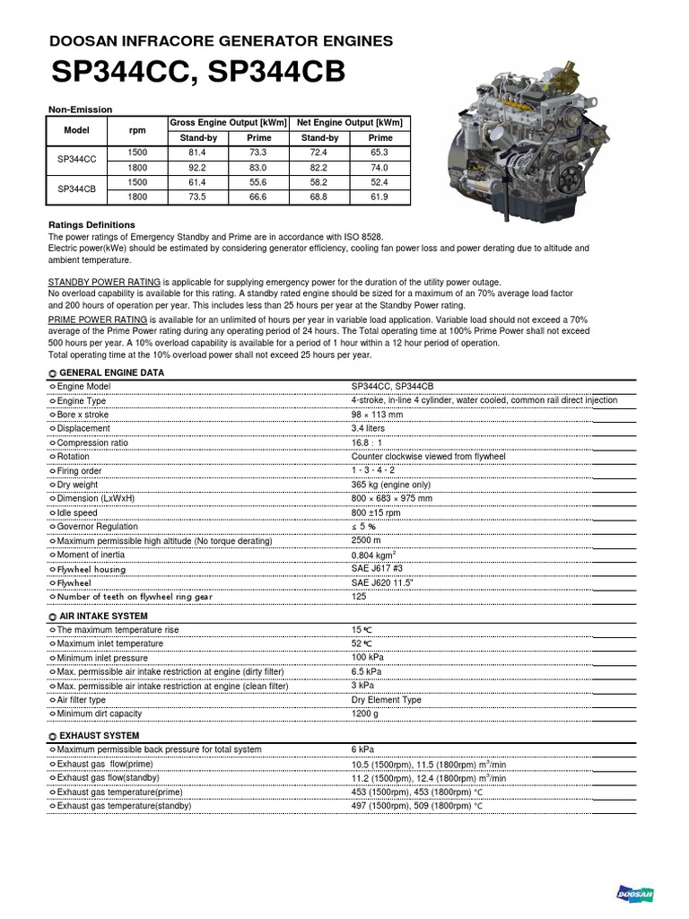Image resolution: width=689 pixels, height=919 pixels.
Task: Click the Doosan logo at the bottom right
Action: coord(635,893)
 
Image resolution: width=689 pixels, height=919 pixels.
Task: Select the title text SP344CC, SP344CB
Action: coord(196,72)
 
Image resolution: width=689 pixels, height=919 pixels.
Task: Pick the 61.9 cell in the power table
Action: coord(380,196)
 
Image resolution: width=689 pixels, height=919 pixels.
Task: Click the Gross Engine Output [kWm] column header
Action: coord(228,122)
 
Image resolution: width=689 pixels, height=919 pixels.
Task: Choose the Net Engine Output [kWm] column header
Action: coord(350,122)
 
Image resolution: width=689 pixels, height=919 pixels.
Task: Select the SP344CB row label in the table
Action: coord(77,188)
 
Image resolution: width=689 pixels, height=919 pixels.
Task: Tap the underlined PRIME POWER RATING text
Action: coord(97,319)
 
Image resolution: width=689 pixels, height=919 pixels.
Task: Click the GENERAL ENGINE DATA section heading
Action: coord(111,372)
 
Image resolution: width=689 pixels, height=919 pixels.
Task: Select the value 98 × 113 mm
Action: coord(377,415)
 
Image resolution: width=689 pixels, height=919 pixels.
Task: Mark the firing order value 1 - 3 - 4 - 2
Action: coord(374,470)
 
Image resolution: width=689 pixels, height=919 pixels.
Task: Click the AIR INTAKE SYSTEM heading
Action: coord(103,617)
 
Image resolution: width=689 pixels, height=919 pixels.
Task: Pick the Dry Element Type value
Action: coord(386,699)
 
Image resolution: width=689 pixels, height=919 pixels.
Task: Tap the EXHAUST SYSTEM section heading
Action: coord(99,736)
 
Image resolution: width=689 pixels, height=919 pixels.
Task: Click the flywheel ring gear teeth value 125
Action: coord(359,596)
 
